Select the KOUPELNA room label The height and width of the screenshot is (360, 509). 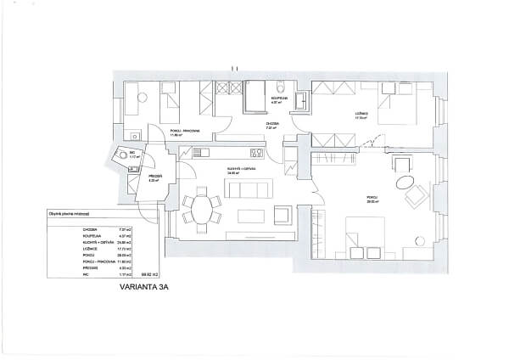tap(277, 99)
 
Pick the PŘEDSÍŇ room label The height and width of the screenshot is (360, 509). tap(154, 177)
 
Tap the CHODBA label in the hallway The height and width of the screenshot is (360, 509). tap(271, 124)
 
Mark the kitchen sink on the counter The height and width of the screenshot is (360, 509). tap(200, 153)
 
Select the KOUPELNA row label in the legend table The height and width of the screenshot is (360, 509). tap(90, 235)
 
